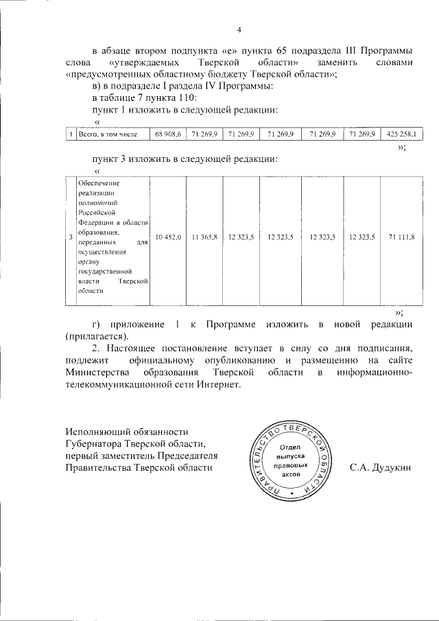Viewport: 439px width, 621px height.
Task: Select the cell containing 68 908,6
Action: pos(167,134)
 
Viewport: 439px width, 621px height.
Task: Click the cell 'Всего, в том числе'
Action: pos(108,134)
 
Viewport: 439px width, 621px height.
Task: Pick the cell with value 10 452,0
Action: pos(167,237)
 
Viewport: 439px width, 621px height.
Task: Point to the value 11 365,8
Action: pos(204,237)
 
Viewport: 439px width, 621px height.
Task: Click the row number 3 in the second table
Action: pos(71,237)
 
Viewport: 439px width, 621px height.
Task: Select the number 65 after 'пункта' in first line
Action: pos(285,50)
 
